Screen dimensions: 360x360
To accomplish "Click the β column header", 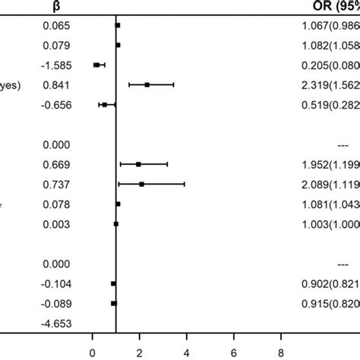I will (57, 6).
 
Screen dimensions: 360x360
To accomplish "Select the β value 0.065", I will (58, 26).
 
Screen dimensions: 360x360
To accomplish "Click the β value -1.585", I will (56, 65).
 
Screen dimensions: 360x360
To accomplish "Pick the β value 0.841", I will (58, 85).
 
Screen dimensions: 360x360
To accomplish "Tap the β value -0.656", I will (56, 105).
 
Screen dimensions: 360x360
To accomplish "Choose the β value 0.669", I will (58, 164).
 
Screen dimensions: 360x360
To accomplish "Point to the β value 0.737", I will (58, 184).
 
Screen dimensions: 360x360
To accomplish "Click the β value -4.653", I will (56, 323).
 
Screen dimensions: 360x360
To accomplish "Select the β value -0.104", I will (56, 283).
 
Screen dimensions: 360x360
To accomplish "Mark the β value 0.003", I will (58, 223).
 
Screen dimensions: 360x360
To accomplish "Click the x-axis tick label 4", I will (187, 352).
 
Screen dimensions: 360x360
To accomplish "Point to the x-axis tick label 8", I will (281, 352).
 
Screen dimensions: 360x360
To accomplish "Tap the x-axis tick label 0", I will (92, 352).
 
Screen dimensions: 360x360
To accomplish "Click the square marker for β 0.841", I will (147, 85).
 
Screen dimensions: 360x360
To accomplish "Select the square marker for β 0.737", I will (141, 184).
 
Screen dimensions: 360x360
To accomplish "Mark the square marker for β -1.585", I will (96, 65).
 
